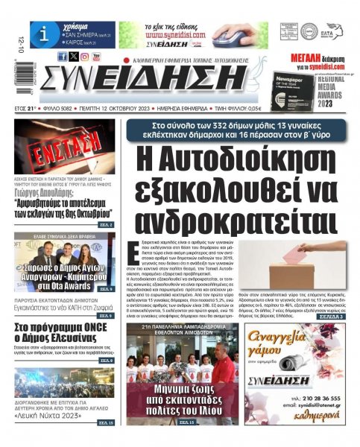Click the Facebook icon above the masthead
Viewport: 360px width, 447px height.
coord(62,56)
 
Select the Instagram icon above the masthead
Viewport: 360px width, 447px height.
coord(84,56)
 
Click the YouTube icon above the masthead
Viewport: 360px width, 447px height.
coord(96,56)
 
